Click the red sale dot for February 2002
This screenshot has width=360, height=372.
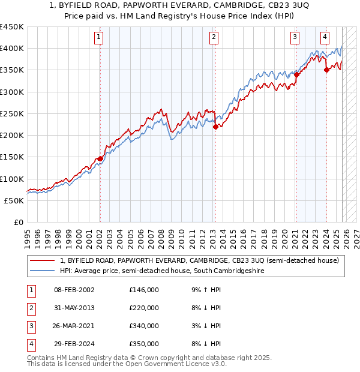100,158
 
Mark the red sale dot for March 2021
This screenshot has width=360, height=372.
296,75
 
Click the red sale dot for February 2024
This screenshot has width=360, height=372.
326,70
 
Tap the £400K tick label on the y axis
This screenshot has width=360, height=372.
11,49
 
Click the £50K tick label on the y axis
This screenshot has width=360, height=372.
14,200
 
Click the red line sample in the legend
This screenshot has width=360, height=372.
43,260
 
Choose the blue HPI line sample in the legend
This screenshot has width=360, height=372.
43,271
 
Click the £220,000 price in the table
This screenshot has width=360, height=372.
144,308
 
